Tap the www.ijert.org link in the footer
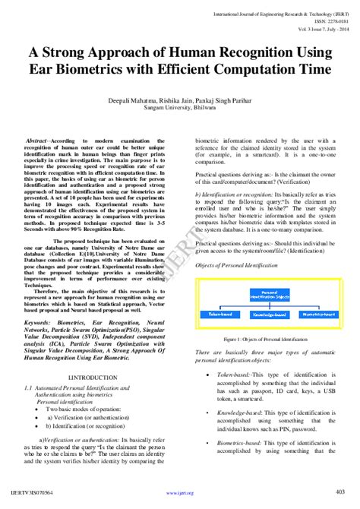tap(180, 493)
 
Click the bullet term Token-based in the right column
tap(230, 375)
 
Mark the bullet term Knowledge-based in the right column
tap(236, 412)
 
